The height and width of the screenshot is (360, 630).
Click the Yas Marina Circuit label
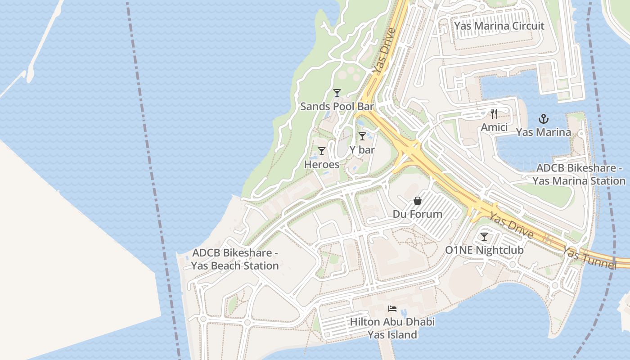(499, 26)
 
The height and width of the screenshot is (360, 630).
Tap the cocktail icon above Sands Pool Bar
(337, 93)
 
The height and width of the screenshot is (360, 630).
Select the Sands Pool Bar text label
(337, 107)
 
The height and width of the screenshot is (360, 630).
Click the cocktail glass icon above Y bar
(362, 136)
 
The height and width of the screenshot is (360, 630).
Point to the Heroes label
(321, 164)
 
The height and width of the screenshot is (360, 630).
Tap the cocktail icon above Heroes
(321, 151)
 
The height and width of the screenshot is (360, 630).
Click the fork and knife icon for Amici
(494, 114)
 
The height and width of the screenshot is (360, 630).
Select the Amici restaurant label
(494, 127)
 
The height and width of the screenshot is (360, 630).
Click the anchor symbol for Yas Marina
(544, 119)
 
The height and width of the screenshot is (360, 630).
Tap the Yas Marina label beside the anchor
(543, 132)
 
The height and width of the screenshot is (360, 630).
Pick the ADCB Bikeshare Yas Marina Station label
(579, 175)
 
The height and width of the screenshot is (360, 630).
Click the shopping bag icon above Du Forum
(418, 201)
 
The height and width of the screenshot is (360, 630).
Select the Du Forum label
(418, 214)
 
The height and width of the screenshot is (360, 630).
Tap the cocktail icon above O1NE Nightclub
(484, 237)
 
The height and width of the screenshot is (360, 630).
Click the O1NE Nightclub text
(484, 250)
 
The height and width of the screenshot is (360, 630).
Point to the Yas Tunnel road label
(589, 258)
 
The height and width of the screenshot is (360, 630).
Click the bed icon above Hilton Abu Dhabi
(392, 309)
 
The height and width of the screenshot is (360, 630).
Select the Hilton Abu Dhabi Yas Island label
(392, 328)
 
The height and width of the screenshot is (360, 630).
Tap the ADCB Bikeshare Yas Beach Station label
(235, 260)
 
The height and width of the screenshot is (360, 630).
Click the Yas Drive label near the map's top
(383, 51)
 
